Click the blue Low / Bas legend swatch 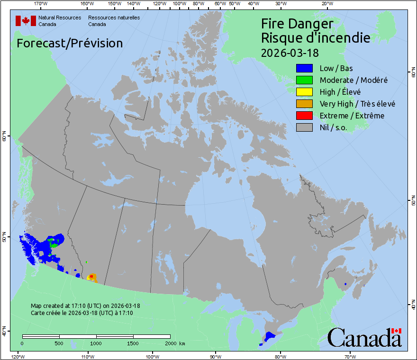tap(304, 68)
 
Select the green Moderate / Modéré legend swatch tap(304, 80)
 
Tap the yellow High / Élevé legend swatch tap(304, 92)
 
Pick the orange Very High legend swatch tap(304, 104)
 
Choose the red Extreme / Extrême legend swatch tap(304, 116)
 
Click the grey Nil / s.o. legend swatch tap(304, 127)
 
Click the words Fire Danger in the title tap(297, 24)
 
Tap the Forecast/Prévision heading tap(70, 43)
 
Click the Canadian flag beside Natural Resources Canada tap(26, 21)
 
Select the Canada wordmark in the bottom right tap(364, 338)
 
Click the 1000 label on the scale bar tap(96, 343)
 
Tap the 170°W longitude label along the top tap(41, 4)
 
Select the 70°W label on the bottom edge tap(349, 356)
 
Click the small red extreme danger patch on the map tap(91, 276)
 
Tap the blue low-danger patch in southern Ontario tap(270, 336)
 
